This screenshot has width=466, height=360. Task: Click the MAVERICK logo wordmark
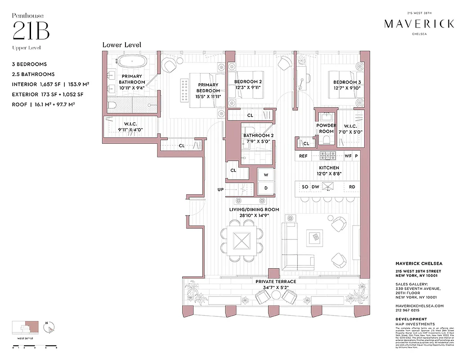419,24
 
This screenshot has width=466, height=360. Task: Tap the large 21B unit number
31,31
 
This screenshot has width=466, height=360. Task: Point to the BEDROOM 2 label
248,82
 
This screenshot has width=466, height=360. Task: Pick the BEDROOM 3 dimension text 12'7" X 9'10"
347,88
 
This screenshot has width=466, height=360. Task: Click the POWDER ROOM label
326,128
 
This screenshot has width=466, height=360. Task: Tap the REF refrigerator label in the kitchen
303,156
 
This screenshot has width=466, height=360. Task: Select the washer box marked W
266,175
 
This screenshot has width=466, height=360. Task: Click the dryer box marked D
266,188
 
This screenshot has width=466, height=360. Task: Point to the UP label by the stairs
220,189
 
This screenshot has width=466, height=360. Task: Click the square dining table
242,240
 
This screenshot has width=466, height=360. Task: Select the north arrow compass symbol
49,327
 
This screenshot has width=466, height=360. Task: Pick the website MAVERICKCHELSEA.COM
419,306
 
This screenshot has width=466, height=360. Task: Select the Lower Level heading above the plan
121,45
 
